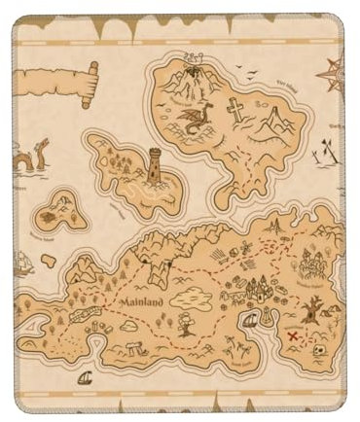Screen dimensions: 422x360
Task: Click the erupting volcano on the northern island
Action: (194, 70)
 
